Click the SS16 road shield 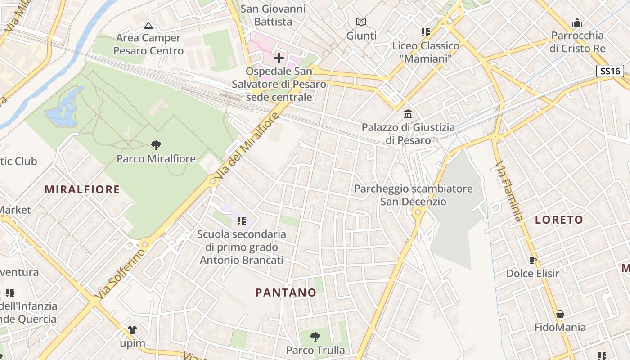610,71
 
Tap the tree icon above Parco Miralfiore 156,145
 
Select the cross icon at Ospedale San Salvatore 279,58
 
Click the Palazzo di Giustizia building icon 408,114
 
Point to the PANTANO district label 286,292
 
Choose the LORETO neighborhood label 559,220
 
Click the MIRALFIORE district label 82,189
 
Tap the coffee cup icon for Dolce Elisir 533,260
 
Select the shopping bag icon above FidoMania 560,314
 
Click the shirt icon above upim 132,330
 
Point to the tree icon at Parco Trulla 315,337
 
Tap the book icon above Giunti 361,22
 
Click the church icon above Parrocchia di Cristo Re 577,22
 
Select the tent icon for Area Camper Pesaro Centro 148,25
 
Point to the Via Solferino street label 121,274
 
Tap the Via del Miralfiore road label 248,148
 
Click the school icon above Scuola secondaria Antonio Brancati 242,221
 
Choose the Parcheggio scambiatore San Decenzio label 413,195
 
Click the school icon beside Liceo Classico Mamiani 425,32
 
